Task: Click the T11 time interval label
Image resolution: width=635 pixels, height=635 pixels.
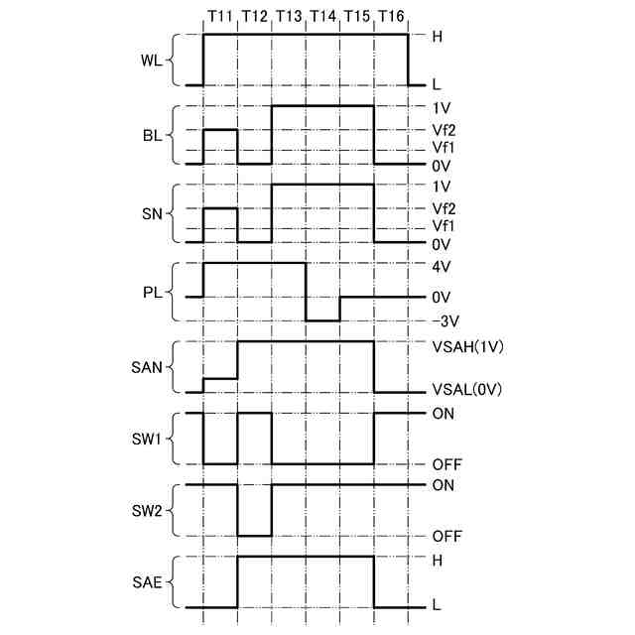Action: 220,17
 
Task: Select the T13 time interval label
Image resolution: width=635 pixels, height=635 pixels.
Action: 289,17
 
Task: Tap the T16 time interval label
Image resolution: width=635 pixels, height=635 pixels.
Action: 391,17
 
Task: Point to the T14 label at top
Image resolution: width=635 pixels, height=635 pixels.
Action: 323,17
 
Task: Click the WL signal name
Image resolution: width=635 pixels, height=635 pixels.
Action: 151,61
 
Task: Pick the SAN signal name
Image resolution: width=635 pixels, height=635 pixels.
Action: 147,366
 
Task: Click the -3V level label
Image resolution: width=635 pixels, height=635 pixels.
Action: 444,321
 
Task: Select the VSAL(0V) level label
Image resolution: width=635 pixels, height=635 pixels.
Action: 467,391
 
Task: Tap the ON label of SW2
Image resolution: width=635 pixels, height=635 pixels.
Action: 444,485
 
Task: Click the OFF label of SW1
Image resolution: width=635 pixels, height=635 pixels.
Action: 447,463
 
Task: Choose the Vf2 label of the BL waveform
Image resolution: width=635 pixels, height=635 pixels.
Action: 444,129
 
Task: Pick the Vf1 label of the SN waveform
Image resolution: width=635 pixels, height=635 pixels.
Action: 444,225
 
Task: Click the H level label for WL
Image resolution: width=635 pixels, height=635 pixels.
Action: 437,36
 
